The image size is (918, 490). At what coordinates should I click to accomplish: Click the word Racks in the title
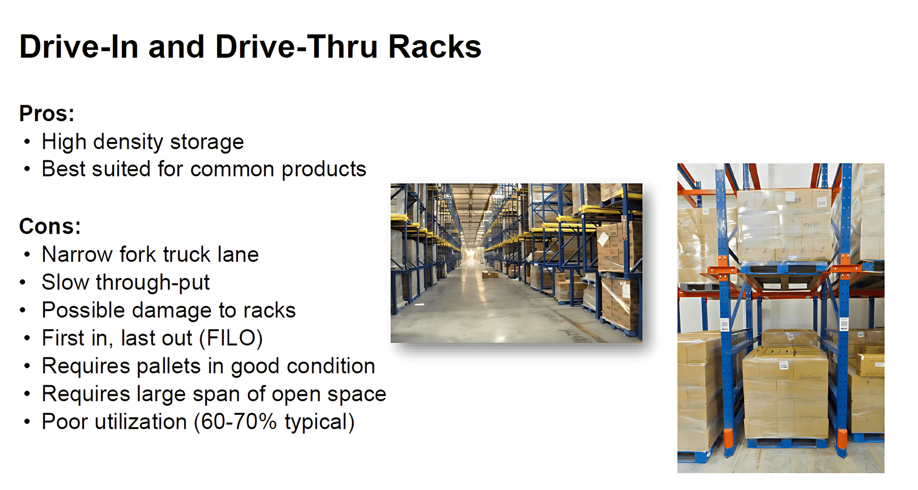[x=435, y=47]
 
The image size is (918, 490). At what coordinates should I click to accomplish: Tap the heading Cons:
[x=50, y=226]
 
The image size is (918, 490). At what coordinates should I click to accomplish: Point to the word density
[x=128, y=142]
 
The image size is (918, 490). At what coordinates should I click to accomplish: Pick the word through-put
[x=153, y=283]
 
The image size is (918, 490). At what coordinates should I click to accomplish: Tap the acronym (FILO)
[x=231, y=338]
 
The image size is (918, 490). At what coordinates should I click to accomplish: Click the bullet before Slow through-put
[x=23, y=282]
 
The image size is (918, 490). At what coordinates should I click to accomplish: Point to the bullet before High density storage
[x=27, y=142]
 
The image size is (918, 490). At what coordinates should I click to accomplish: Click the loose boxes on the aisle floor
[x=490, y=275]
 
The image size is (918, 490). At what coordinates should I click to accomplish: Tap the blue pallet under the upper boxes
[x=784, y=267]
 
